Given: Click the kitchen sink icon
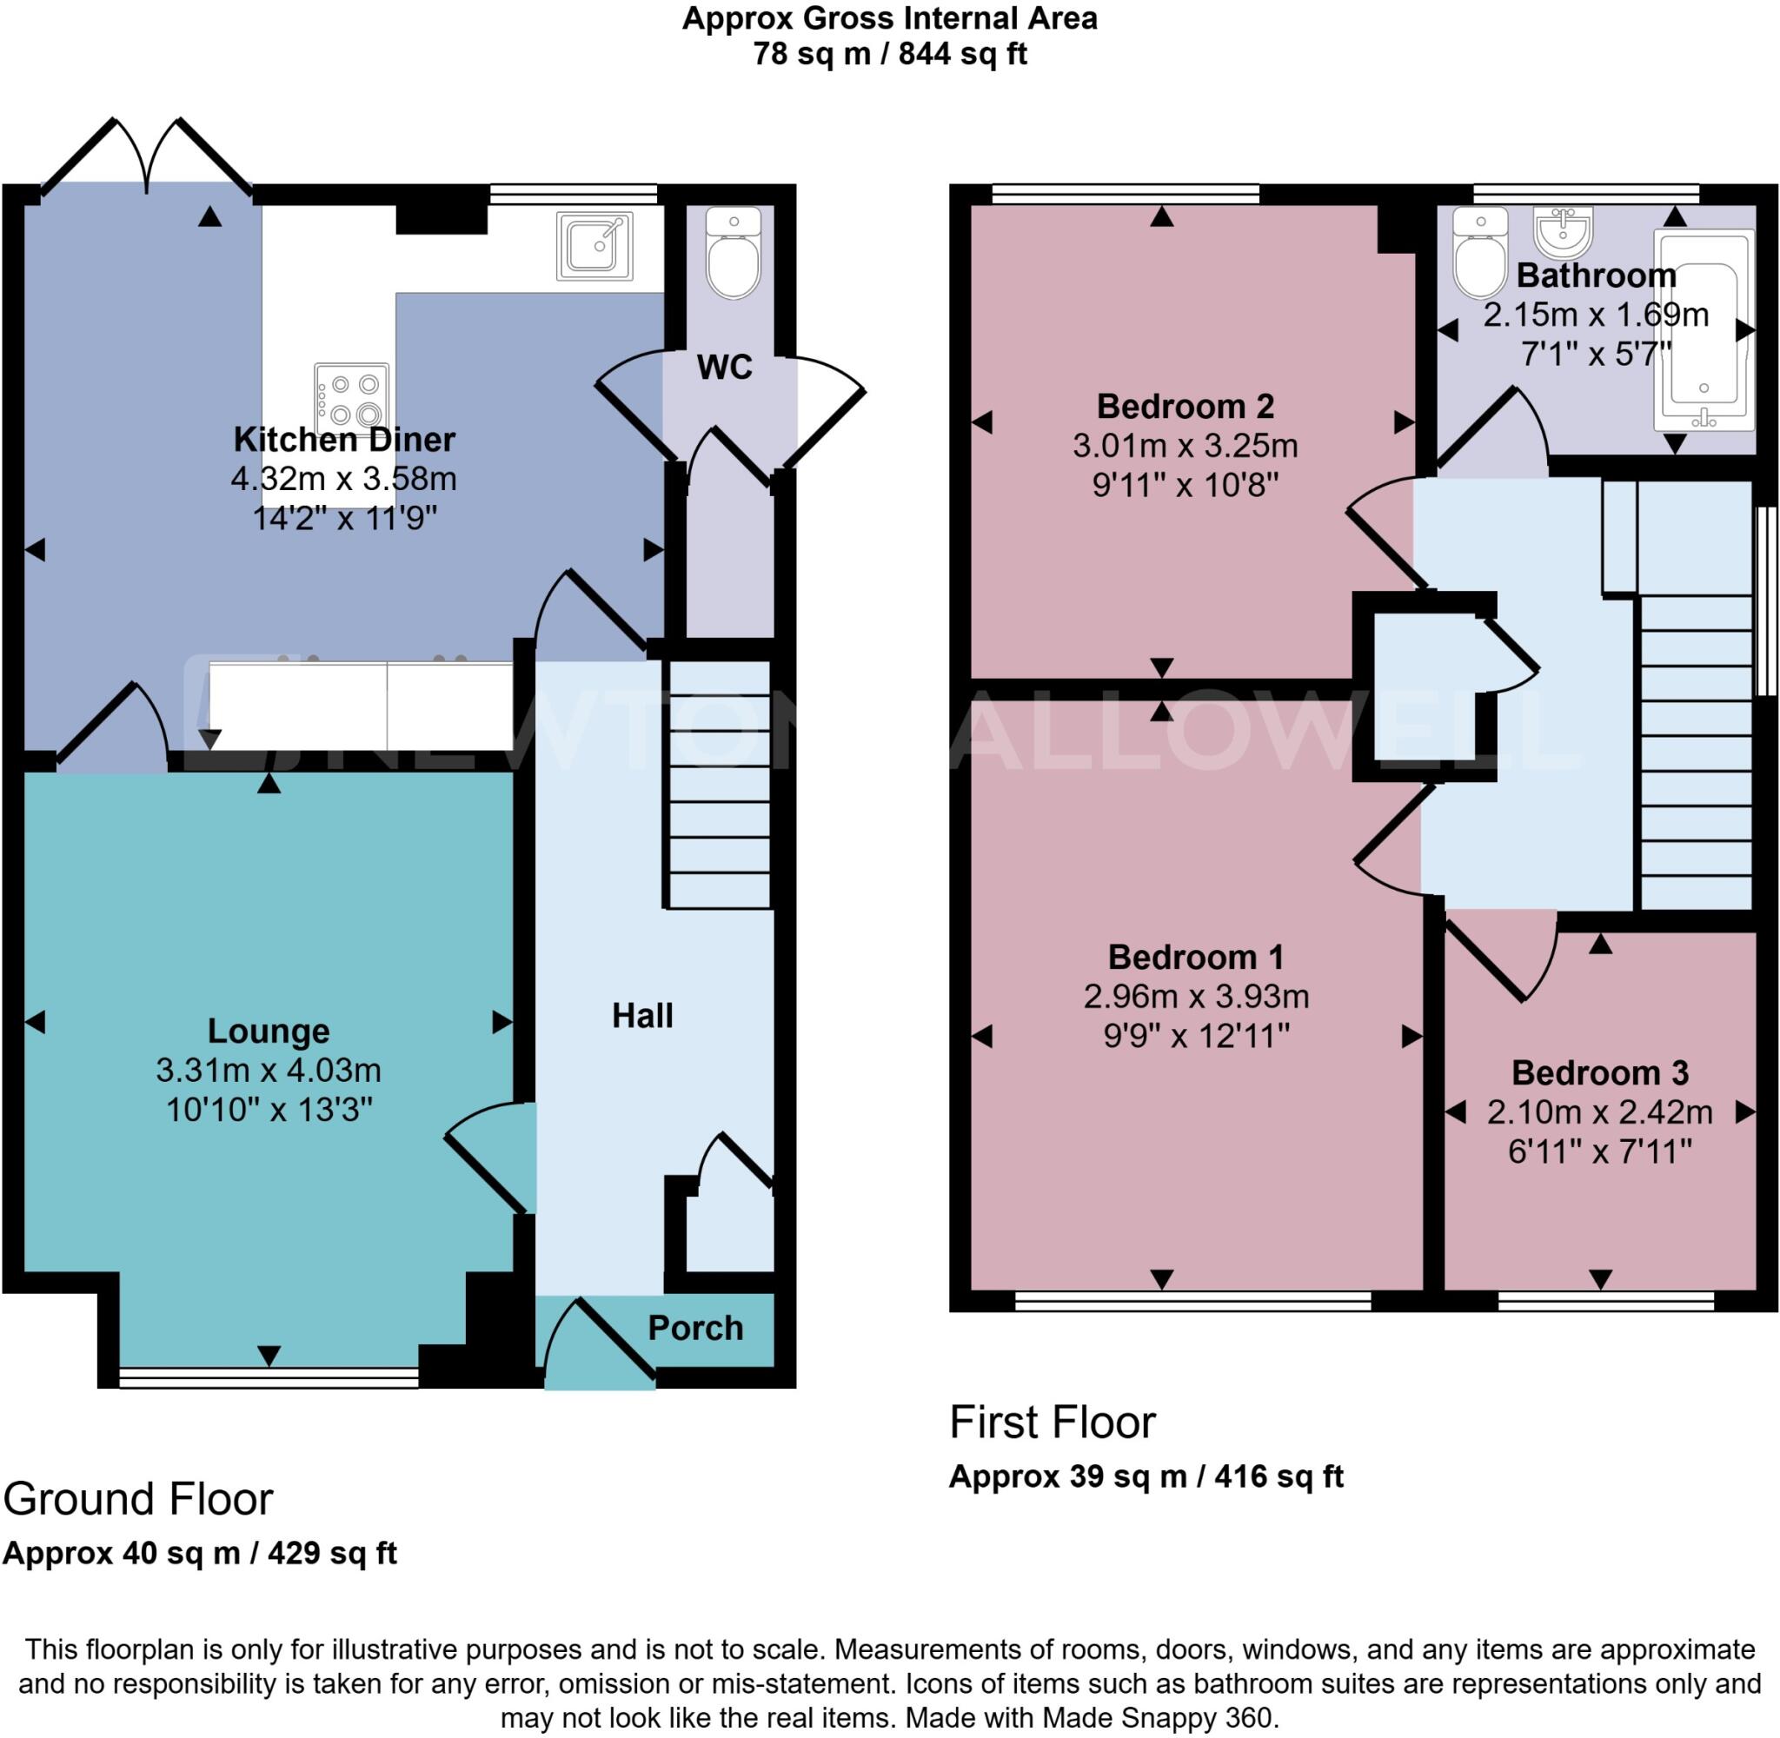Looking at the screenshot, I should tap(594, 246).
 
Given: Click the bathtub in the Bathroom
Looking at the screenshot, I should tap(1704, 328).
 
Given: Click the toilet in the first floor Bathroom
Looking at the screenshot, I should tap(1479, 253).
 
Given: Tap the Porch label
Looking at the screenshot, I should tap(695, 1328).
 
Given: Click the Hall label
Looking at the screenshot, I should tap(641, 1016).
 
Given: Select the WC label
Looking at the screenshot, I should tap(724, 367).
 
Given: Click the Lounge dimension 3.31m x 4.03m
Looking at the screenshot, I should tap(269, 1070).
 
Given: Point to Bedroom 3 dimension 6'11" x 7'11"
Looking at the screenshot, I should tap(1599, 1152).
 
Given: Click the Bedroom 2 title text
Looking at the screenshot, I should tap(1185, 405).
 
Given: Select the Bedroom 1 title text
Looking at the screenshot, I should tap(1195, 957).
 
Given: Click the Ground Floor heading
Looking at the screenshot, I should tap(138, 1499).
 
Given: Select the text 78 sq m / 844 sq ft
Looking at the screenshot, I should tap(890, 54).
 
